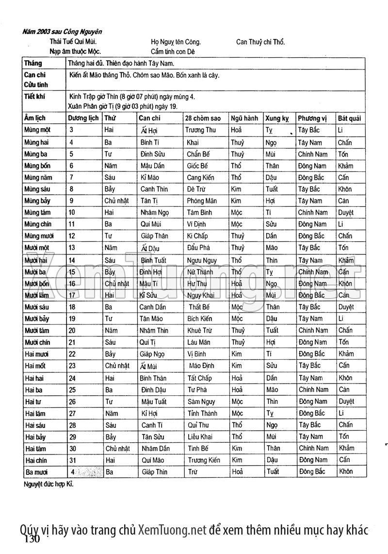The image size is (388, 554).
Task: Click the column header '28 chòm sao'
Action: pos(203,118)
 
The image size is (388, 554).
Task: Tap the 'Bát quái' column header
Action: pos(349,118)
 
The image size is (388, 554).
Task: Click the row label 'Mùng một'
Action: pos(37,130)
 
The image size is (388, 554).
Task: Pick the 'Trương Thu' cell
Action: pos(201,130)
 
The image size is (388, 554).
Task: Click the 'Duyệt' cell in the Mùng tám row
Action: pos(346,213)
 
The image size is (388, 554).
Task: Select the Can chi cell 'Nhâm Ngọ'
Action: pos(154,213)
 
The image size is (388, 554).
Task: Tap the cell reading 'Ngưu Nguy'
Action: pos(202,261)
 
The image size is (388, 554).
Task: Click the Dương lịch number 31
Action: pos(73,460)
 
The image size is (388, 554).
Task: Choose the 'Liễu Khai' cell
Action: pos(200,436)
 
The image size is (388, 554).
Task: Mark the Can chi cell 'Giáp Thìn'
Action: pos(154,471)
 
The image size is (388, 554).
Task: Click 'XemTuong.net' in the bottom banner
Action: pos(172,530)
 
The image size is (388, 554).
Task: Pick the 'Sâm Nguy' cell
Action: pos(201,402)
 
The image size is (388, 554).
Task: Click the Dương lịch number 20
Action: pos(72,331)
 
